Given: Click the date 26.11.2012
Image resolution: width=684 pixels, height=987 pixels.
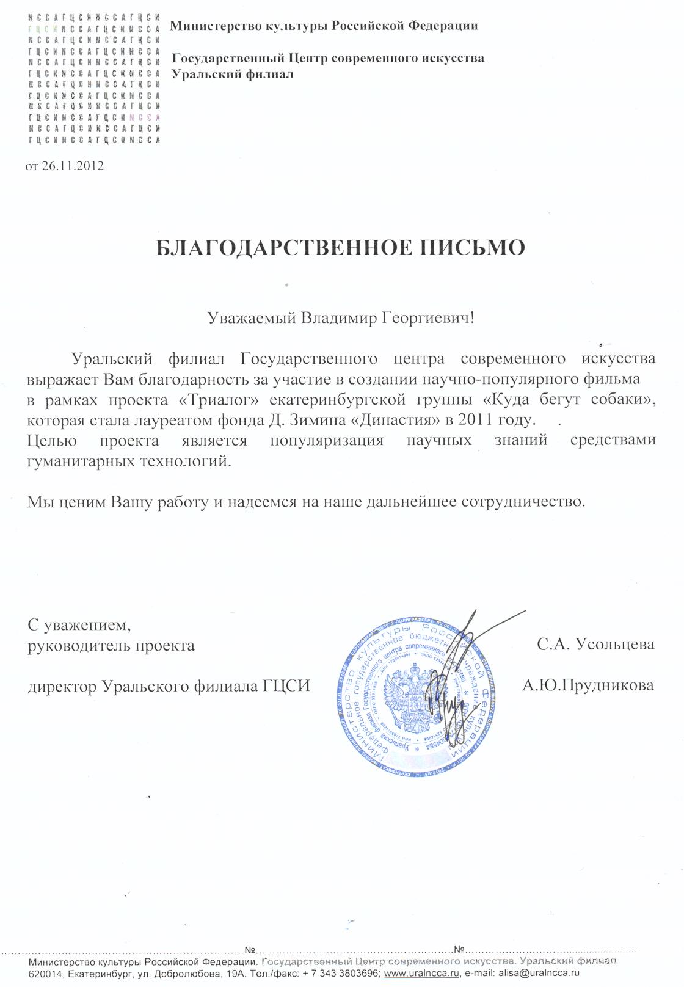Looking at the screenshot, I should coord(73,166).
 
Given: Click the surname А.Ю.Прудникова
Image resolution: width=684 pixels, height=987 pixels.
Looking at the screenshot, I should coord(588,685).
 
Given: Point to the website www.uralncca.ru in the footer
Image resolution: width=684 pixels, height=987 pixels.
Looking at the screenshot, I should coord(421,974).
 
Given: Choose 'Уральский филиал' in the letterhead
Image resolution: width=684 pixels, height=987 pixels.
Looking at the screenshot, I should coord(233,74).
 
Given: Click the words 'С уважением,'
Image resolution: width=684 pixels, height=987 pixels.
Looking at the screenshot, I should coord(79,625).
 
